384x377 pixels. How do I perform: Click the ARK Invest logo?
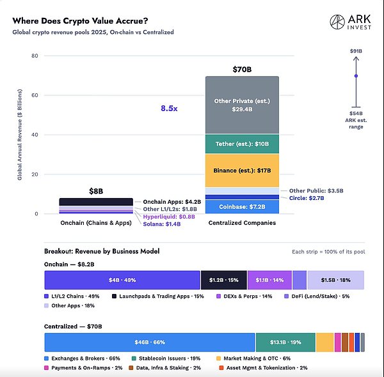click(351, 22)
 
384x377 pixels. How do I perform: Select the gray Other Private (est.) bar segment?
click(242, 105)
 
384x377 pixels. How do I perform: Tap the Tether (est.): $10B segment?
click(242, 144)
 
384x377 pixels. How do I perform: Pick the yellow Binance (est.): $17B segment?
click(242, 171)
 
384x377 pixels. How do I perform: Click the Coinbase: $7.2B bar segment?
click(242, 207)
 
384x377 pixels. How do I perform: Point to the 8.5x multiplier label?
click(169, 108)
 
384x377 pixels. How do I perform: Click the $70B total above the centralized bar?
click(242, 70)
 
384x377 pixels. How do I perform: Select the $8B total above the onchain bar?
click(96, 191)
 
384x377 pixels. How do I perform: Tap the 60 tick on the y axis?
click(35, 95)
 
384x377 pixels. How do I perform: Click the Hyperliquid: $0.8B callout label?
click(169, 217)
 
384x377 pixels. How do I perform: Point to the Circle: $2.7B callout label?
click(307, 198)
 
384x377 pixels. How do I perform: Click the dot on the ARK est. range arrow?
click(356, 76)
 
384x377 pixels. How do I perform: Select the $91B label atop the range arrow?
click(356, 51)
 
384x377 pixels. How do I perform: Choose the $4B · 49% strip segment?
click(122, 280)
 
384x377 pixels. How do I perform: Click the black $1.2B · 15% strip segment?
click(224, 280)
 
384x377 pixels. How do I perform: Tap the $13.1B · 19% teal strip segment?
click(285, 342)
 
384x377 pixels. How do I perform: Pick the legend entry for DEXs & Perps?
click(244, 296)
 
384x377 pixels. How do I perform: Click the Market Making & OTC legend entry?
click(253, 358)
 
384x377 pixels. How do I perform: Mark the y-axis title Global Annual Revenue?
click(20, 135)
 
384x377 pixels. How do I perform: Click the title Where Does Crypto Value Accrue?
click(81, 21)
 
